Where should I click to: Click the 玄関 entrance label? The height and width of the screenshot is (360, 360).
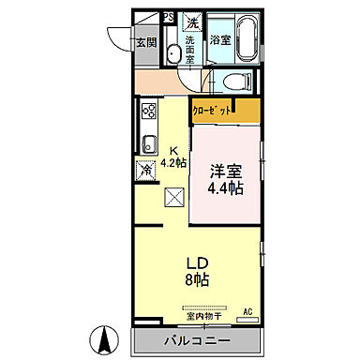145,42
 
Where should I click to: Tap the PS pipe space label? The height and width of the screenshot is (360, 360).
169,17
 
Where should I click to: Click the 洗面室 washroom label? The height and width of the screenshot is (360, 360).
190,47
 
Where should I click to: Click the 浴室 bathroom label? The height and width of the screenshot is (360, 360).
220,40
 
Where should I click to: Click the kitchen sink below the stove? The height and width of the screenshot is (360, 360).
147,143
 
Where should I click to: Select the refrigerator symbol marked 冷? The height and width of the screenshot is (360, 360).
146,171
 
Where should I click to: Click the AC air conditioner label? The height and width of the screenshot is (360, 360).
248,310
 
